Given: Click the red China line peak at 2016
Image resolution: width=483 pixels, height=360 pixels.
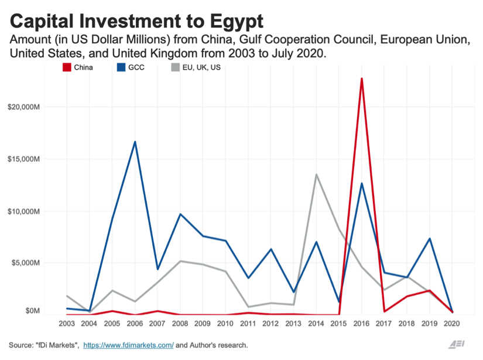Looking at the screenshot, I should click(362, 78).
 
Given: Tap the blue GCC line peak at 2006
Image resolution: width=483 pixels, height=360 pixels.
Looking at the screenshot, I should click(135, 142).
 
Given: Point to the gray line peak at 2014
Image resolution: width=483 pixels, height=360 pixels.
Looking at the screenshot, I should click(317, 174).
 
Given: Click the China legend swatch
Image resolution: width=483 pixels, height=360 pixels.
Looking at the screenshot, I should click(67, 67).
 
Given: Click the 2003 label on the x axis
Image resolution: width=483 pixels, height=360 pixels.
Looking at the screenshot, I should click(67, 324).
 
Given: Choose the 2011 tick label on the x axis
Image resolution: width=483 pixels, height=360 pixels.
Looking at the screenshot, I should click(248, 324).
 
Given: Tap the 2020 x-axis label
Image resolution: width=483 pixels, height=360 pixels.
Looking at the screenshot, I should click(453, 324).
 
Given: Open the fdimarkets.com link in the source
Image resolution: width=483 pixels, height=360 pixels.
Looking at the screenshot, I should click(129, 345).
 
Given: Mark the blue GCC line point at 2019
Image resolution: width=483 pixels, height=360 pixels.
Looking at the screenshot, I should click(430, 239).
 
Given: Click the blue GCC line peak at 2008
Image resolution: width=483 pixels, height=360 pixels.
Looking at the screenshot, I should click(180, 214).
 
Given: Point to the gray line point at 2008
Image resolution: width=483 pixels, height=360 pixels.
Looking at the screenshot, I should click(180, 261).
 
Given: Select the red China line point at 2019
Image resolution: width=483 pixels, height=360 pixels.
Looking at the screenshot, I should click(430, 290).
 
